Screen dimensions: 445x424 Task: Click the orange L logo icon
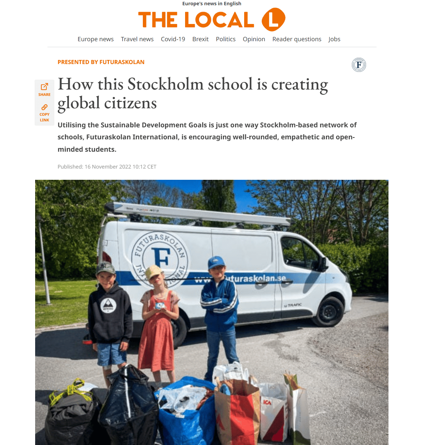pyautogui.click(x=273, y=19)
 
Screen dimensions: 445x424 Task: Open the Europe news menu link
pyautogui.click(x=95, y=39)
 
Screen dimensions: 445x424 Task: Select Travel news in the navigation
pyautogui.click(x=137, y=39)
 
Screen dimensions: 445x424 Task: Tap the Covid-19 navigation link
pyautogui.click(x=173, y=39)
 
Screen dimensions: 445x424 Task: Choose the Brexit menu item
pyautogui.click(x=200, y=39)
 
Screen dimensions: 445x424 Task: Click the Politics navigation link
pyautogui.click(x=225, y=39)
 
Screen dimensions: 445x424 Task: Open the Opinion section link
pyautogui.click(x=254, y=39)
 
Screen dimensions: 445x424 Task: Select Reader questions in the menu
pyautogui.click(x=297, y=39)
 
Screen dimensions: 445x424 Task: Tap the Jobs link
pyautogui.click(x=334, y=39)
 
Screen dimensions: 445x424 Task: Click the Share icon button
pyautogui.click(x=44, y=89)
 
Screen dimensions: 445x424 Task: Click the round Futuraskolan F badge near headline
pyautogui.click(x=359, y=65)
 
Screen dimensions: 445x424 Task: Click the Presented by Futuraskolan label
pyautogui.click(x=101, y=62)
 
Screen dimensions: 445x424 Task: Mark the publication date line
pyautogui.click(x=107, y=167)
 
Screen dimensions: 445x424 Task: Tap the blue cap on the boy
pyautogui.click(x=216, y=262)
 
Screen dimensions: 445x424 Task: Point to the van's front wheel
pyautogui.click(x=329, y=311)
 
